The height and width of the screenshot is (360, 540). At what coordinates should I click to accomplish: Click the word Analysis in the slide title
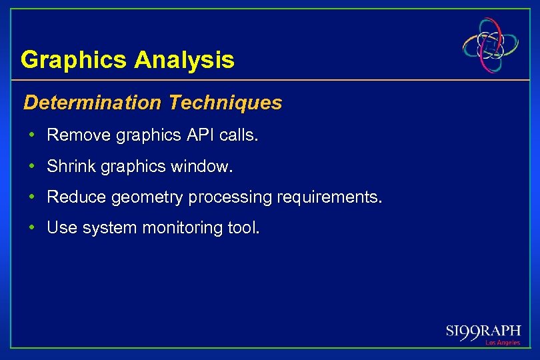point(184,60)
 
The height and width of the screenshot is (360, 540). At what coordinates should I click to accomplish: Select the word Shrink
point(71,167)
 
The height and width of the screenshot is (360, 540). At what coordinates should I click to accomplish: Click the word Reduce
point(77,197)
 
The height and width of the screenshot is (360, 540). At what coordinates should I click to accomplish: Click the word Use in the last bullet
point(62,228)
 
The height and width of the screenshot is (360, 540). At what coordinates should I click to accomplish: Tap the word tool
point(244,228)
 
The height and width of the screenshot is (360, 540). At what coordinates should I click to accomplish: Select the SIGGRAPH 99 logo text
point(483,331)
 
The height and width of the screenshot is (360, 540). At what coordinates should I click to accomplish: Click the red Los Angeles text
point(502,343)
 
